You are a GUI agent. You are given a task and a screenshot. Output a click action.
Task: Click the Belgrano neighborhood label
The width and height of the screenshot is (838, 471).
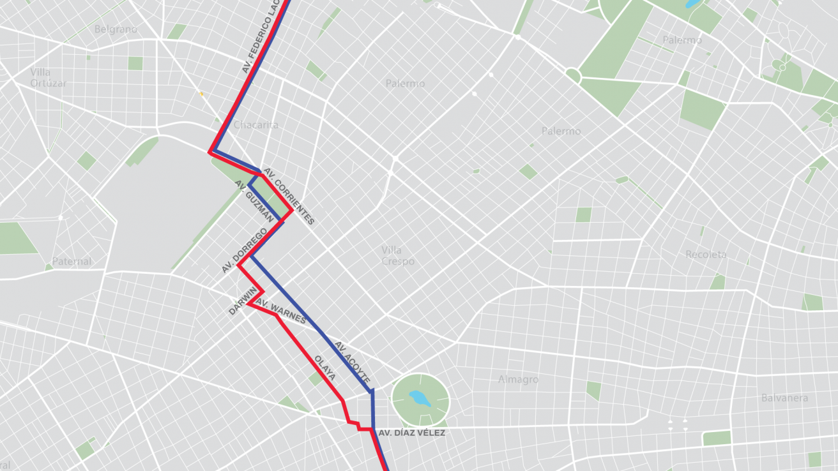(x=116, y=29)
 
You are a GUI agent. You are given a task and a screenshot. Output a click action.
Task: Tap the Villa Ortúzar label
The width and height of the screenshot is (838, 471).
(x=48, y=78)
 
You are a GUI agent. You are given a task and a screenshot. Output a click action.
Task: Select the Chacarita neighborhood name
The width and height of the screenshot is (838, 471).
(x=255, y=125)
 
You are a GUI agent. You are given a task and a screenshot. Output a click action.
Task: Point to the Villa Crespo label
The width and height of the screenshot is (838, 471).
(x=398, y=256)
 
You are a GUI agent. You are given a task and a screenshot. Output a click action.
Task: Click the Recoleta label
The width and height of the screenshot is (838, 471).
(x=706, y=255)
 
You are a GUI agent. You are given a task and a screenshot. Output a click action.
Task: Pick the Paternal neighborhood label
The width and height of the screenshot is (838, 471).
(x=72, y=262)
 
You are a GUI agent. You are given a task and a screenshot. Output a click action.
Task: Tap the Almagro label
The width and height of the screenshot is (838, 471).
(x=518, y=380)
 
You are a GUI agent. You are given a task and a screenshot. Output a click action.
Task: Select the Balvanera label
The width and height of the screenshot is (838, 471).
(x=784, y=398)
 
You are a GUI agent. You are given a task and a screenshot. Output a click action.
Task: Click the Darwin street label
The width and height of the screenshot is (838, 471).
(x=243, y=301)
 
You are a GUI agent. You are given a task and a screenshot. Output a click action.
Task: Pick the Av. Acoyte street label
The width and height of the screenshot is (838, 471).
(x=352, y=361)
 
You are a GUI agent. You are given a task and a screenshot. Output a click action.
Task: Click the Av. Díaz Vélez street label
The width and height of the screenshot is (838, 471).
(x=411, y=433)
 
